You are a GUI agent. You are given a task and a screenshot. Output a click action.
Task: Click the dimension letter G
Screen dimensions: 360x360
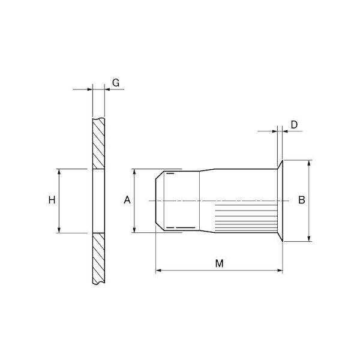tap(116, 83)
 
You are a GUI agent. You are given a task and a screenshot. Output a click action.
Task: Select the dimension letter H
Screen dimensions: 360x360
tap(52, 200)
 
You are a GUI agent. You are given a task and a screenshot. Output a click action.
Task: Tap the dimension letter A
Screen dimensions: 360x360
tap(127, 200)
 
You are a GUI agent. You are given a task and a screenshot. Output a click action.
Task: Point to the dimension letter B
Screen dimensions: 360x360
tap(301, 200)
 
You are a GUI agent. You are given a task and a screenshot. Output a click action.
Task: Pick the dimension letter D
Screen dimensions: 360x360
tap(294, 125)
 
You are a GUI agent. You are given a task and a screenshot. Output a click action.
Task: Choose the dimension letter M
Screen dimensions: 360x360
tap(219, 263)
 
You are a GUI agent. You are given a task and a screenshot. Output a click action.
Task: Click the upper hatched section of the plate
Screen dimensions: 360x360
tap(99, 144)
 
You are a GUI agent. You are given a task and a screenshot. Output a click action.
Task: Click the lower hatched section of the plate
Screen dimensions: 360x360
tap(99, 259)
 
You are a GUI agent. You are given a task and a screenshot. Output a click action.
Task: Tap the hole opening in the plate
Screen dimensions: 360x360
tap(99, 201)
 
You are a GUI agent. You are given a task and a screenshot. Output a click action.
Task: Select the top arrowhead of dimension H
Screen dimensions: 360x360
tap(59, 172)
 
